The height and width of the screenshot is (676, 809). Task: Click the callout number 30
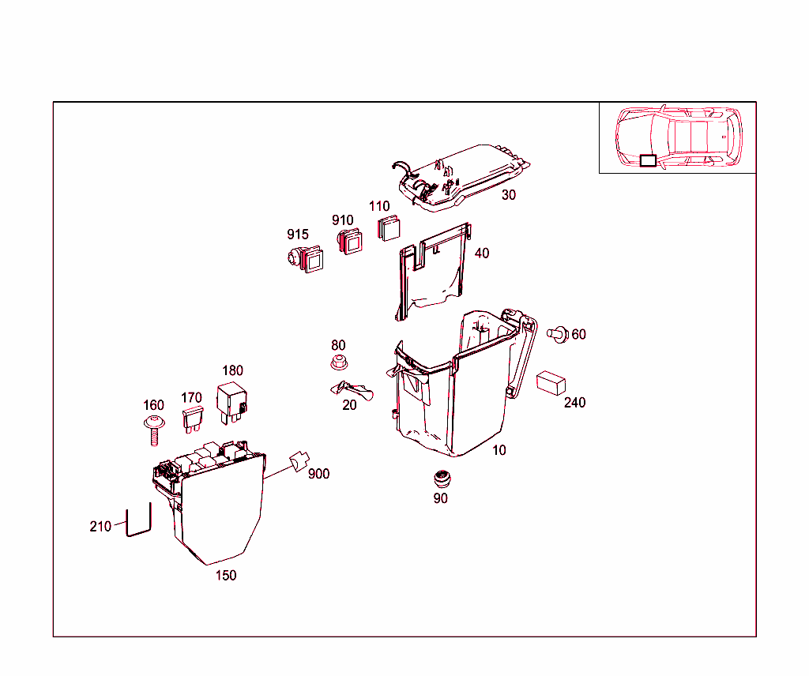point(509,195)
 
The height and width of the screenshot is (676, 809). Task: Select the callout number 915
point(297,235)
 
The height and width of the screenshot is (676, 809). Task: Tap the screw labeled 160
point(155,427)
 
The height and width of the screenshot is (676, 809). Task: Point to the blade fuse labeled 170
point(192,419)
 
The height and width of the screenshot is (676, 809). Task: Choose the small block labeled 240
point(551,383)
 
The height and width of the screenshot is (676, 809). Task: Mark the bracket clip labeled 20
point(351,389)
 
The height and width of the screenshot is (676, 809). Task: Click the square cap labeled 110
point(387,227)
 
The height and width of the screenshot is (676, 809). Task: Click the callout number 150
point(226,576)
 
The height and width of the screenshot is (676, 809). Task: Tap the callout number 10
point(499,450)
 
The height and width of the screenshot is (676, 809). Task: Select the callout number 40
point(482,253)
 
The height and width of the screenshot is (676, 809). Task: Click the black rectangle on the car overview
point(647,160)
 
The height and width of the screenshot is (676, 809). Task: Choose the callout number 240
point(575,403)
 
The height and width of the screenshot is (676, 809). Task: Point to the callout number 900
point(319,474)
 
